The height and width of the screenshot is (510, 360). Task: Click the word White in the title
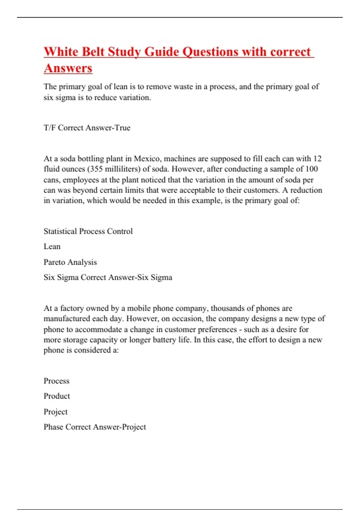pos(61,52)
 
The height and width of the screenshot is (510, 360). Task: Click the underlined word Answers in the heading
pos(68,68)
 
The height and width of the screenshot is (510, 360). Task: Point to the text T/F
pos(49,128)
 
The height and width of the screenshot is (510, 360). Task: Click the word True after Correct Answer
pos(122,128)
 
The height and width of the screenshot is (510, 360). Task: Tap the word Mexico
pos(147,158)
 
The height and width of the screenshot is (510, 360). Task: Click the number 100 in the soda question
pos(311,169)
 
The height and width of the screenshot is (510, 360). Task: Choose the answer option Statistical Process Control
pos(88,231)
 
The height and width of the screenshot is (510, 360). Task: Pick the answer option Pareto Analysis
pos(70,262)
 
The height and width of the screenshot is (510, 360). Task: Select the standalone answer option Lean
pos(52,247)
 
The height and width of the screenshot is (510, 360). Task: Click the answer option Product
pos(57,396)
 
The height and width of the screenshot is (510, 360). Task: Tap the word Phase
pos(53,427)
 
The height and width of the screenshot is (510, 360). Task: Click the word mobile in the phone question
pos(138,308)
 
